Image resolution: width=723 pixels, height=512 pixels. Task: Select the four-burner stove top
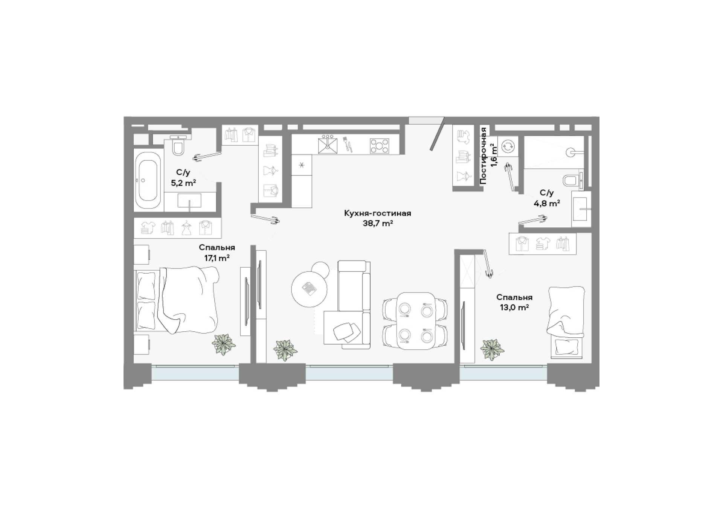pyautogui.click(x=379, y=146)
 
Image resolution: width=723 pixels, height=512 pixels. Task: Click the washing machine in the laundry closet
pyautogui.click(x=508, y=146)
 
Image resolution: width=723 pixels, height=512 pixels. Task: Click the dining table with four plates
pyautogui.click(x=415, y=321)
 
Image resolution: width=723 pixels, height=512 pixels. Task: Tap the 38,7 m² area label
pyautogui.click(x=377, y=224)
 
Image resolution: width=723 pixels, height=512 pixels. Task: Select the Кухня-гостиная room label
pyautogui.click(x=377, y=213)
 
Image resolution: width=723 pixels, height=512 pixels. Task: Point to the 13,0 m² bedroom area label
pyautogui.click(x=514, y=308)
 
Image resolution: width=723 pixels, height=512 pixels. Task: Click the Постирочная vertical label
pyautogui.click(x=484, y=155)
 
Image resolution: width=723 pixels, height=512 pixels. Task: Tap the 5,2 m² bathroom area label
pyautogui.click(x=183, y=183)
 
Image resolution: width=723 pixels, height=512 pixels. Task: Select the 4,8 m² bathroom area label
pyautogui.click(x=547, y=204)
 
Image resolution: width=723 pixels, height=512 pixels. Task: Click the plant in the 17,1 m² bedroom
pyautogui.click(x=224, y=344)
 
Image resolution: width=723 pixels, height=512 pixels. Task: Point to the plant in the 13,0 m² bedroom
pyautogui.click(x=492, y=350)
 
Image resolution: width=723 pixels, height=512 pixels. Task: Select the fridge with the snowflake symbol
pyautogui.click(x=302, y=165)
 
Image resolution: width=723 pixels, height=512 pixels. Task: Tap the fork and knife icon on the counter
pyautogui.click(x=348, y=144)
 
